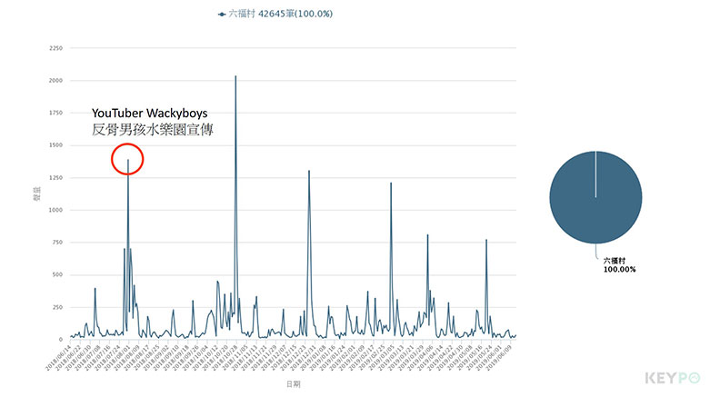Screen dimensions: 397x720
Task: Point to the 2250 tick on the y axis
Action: coord(55,48)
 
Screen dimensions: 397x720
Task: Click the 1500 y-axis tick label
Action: coord(55,145)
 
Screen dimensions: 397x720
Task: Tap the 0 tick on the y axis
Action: coord(61,340)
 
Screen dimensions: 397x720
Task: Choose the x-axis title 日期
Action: coord(293,385)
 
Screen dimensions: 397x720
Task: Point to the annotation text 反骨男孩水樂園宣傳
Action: coord(153,130)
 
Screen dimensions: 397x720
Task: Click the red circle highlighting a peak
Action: coord(128,160)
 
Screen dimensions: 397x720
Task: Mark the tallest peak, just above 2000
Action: coord(235,76)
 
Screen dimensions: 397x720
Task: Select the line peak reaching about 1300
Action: coord(309,171)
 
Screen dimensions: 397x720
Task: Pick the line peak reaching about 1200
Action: coord(391,184)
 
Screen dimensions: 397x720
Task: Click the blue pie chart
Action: coord(595,197)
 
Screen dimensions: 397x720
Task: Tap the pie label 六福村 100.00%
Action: coord(619,264)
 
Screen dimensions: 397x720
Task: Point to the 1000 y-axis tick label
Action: coord(55,210)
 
